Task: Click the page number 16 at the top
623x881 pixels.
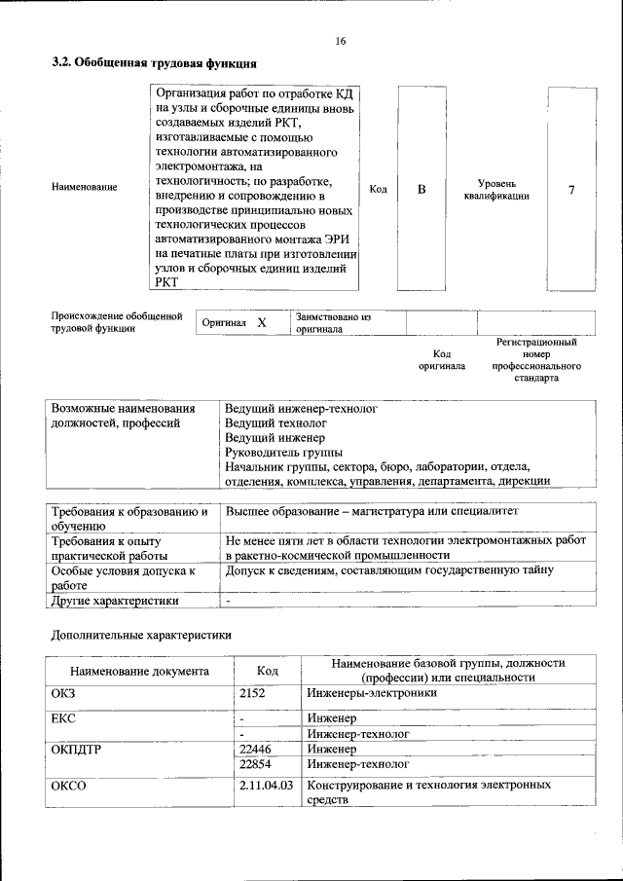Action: tap(340, 41)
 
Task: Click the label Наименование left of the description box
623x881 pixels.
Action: tap(84, 187)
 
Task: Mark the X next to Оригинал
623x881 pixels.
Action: tap(261, 322)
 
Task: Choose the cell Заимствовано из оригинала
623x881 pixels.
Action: tap(334, 322)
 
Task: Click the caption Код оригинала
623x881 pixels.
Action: tap(441, 359)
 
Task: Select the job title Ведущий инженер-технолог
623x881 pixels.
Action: tap(300, 409)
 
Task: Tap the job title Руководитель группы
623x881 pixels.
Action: tap(283, 452)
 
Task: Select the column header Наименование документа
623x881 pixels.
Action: tap(139, 671)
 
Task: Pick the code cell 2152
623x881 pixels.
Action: tap(253, 693)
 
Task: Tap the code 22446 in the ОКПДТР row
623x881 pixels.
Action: tap(256, 750)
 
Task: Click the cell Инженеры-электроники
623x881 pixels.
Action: tap(371, 693)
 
